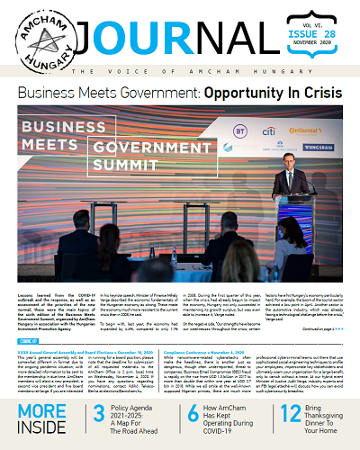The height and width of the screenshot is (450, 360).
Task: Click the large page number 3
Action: pos(101,414)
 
